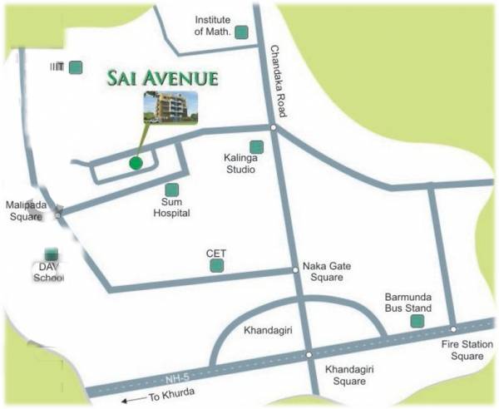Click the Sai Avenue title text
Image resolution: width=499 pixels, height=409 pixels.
(x=162, y=79)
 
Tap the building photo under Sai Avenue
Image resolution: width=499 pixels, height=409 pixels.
(x=170, y=106)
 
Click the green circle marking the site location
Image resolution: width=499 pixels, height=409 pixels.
(x=136, y=162)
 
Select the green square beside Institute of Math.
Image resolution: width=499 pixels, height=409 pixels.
(x=241, y=32)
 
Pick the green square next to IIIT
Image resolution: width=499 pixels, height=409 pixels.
(x=76, y=67)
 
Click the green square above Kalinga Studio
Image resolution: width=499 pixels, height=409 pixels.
(x=256, y=147)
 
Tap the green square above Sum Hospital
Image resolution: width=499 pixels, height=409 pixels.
(x=171, y=190)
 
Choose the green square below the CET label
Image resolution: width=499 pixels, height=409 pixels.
(x=217, y=266)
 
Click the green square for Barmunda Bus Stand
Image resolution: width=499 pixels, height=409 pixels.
(x=417, y=321)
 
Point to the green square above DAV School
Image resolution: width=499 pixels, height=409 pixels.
(x=52, y=254)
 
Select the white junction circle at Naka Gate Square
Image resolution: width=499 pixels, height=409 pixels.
(x=294, y=269)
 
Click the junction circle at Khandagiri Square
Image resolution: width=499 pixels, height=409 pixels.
(x=309, y=355)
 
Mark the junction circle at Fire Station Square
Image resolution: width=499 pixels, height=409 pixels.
(x=453, y=328)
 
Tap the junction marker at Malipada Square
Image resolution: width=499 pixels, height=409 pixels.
(x=58, y=214)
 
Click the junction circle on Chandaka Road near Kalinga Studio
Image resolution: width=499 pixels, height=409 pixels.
(x=273, y=127)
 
